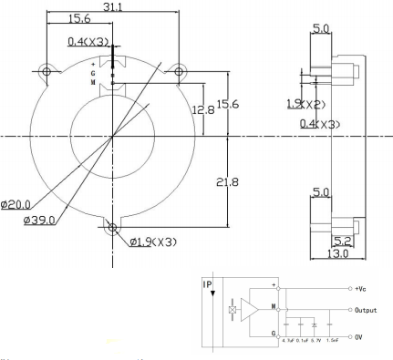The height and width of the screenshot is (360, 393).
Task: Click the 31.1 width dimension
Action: click(x=111, y=7)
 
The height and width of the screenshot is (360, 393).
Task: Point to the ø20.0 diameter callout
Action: click(x=16, y=204)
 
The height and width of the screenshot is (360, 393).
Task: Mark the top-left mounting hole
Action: click(x=45, y=70)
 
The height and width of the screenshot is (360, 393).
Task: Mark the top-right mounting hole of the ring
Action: click(x=180, y=70)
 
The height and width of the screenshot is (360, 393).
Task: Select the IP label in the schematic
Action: click(x=210, y=283)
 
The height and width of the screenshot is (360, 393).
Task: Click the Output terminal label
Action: click(x=365, y=309)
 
